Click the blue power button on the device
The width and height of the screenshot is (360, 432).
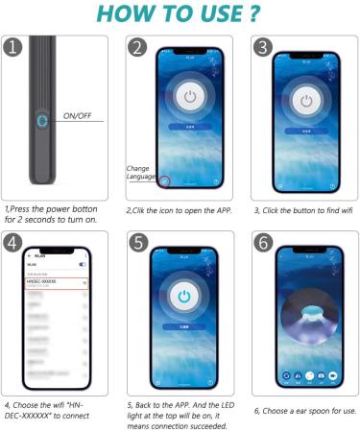[x=40, y=122]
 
